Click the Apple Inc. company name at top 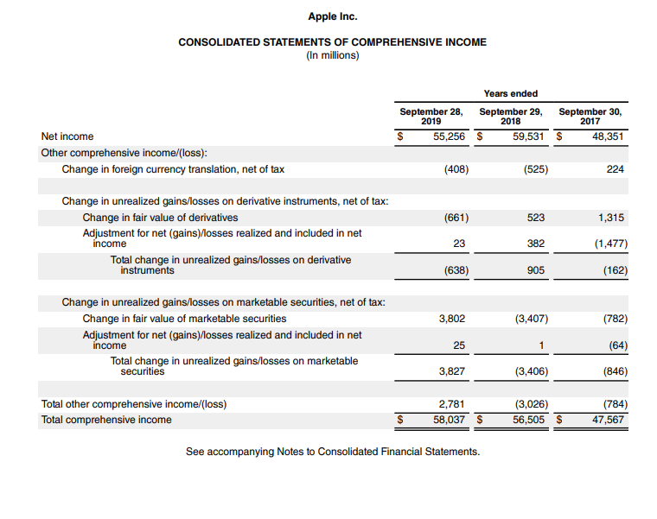pos(333,16)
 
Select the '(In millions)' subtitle pos(333,55)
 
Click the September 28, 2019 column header pos(431,117)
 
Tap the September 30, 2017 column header pos(590,117)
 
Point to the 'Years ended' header pos(511,93)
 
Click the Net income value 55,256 pos(450,136)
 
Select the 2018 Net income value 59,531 pos(530,136)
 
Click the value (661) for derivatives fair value pos(456,218)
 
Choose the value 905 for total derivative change pos(536,270)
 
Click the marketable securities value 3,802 pos(452,319)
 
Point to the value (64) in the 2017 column pos(615,345)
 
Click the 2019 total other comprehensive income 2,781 pos(452,404)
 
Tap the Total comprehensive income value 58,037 pos(450,420)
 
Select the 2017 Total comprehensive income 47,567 pos(609,420)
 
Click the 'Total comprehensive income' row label pos(106,420)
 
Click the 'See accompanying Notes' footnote pos(332,452)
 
